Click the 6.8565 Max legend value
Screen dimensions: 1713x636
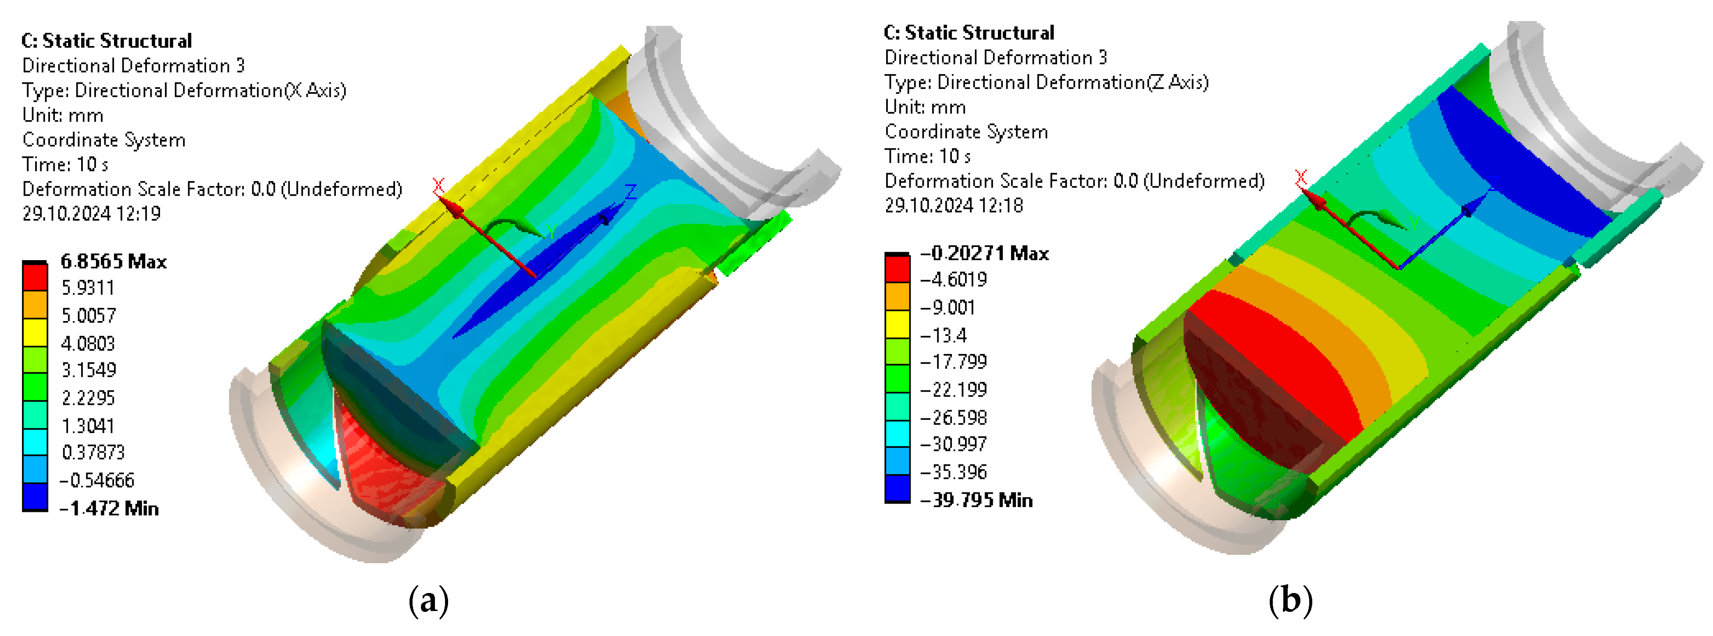tap(114, 261)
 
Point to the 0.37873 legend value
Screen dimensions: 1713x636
tap(93, 452)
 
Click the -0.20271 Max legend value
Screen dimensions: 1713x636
tap(984, 254)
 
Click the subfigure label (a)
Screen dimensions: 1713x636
tap(429, 601)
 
